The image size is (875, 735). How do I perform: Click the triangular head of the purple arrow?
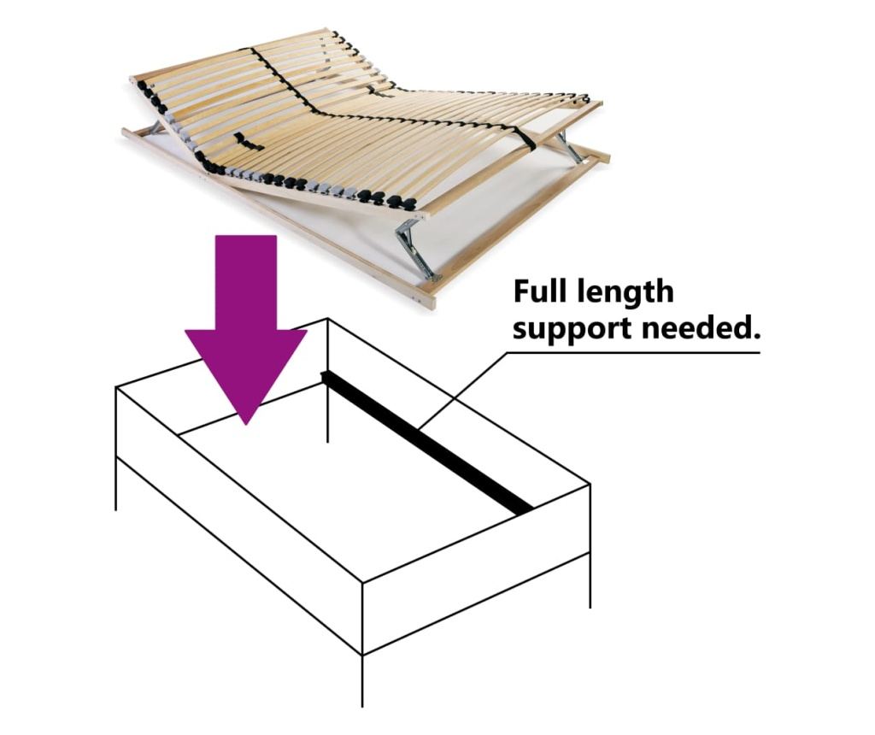pyautogui.click(x=245, y=368)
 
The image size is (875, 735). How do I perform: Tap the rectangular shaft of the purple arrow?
pyautogui.click(x=246, y=282)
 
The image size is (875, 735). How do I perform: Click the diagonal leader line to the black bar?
pyautogui.click(x=464, y=390)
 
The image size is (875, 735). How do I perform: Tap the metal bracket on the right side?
pyautogui.click(x=570, y=147)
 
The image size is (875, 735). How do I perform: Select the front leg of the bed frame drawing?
pyautogui.click(x=363, y=681)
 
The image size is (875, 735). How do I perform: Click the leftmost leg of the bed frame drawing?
pyautogui.click(x=116, y=483)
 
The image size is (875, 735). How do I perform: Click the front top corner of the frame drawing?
pyautogui.click(x=363, y=584)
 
